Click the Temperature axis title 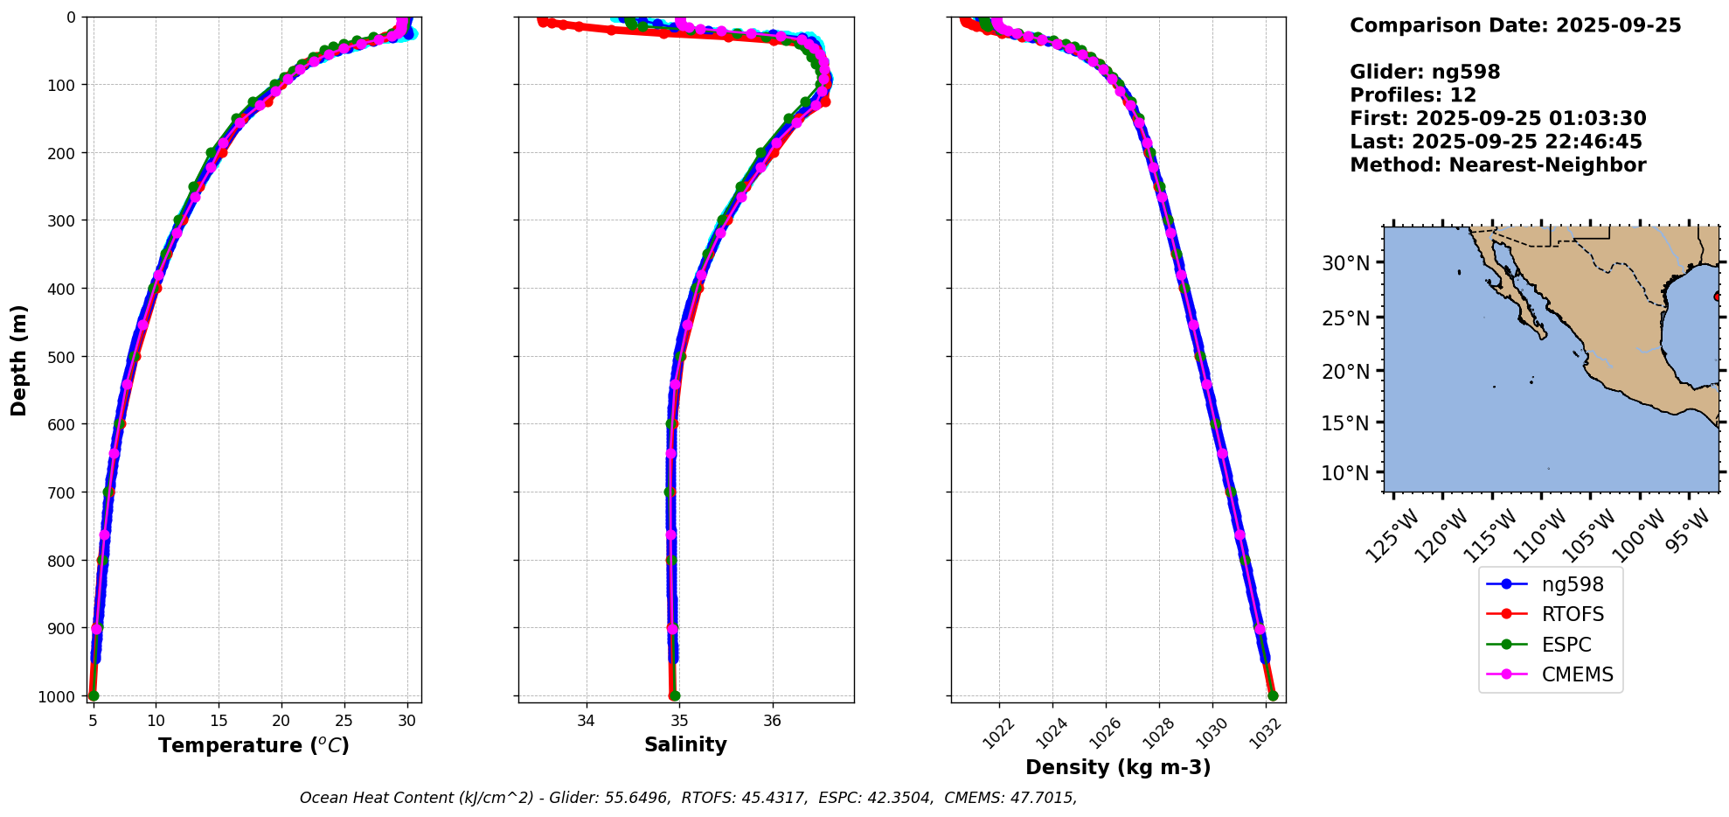[253, 745]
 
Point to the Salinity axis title [685, 744]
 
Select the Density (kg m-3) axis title [1118, 767]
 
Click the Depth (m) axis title [19, 360]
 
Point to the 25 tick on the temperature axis [344, 721]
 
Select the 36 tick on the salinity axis [772, 721]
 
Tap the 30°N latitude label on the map [1345, 263]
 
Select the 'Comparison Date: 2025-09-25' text [1515, 25]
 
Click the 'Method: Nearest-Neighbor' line [1497, 165]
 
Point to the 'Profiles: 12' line [1413, 95]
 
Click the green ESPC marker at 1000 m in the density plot [1273, 696]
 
